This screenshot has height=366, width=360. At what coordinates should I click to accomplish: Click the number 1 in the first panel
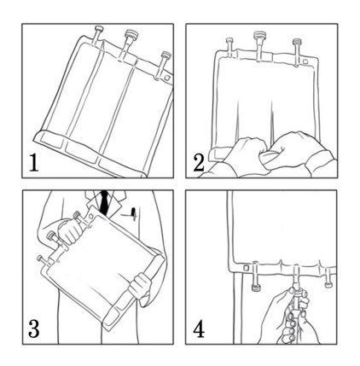coord(34,163)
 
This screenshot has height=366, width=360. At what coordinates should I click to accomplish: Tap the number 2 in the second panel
coord(199,163)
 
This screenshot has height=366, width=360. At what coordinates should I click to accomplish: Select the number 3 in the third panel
coord(33,328)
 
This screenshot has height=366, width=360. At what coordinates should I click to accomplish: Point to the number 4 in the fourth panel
coord(199,328)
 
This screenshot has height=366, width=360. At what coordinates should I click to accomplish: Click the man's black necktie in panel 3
coord(105,202)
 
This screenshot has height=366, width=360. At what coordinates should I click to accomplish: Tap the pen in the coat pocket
coord(133,213)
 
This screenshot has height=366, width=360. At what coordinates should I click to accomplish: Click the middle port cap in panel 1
coord(131,34)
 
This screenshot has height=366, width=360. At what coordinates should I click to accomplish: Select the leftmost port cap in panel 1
coord(98,29)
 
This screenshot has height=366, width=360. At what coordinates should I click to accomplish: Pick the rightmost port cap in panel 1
coord(165,55)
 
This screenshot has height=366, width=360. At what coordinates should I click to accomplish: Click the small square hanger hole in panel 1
coord(167,78)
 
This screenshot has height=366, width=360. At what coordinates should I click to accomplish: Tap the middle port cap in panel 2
coord(258,36)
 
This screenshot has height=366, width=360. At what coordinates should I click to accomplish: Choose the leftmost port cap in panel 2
coord(229,40)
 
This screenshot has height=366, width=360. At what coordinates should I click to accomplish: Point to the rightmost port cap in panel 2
coord(296,42)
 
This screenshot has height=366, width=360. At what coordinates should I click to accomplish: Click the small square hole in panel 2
coord(305,61)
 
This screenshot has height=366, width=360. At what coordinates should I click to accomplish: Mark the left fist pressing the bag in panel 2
coord(247,153)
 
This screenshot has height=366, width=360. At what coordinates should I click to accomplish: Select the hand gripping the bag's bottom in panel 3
coord(140,287)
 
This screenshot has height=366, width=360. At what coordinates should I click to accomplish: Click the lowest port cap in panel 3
coord(41,259)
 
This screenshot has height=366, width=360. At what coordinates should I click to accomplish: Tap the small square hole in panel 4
coord(246,268)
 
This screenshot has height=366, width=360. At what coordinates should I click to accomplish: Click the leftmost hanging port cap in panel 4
coord(255,288)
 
